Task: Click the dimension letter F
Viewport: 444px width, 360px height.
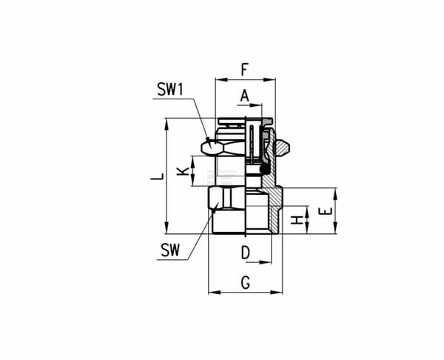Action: tap(245, 70)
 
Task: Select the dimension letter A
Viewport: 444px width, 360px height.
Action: tap(244, 96)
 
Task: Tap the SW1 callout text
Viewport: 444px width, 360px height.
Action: tap(170, 89)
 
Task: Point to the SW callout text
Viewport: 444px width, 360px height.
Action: tap(170, 250)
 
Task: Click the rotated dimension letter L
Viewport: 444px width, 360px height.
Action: tap(158, 176)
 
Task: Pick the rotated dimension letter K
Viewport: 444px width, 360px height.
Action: tap(183, 171)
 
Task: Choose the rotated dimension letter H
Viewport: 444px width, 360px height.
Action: tap(297, 220)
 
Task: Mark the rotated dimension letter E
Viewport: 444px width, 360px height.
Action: tap(325, 211)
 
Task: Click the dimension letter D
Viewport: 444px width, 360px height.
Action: tap(246, 253)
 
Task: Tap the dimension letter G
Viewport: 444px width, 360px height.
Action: tap(246, 282)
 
